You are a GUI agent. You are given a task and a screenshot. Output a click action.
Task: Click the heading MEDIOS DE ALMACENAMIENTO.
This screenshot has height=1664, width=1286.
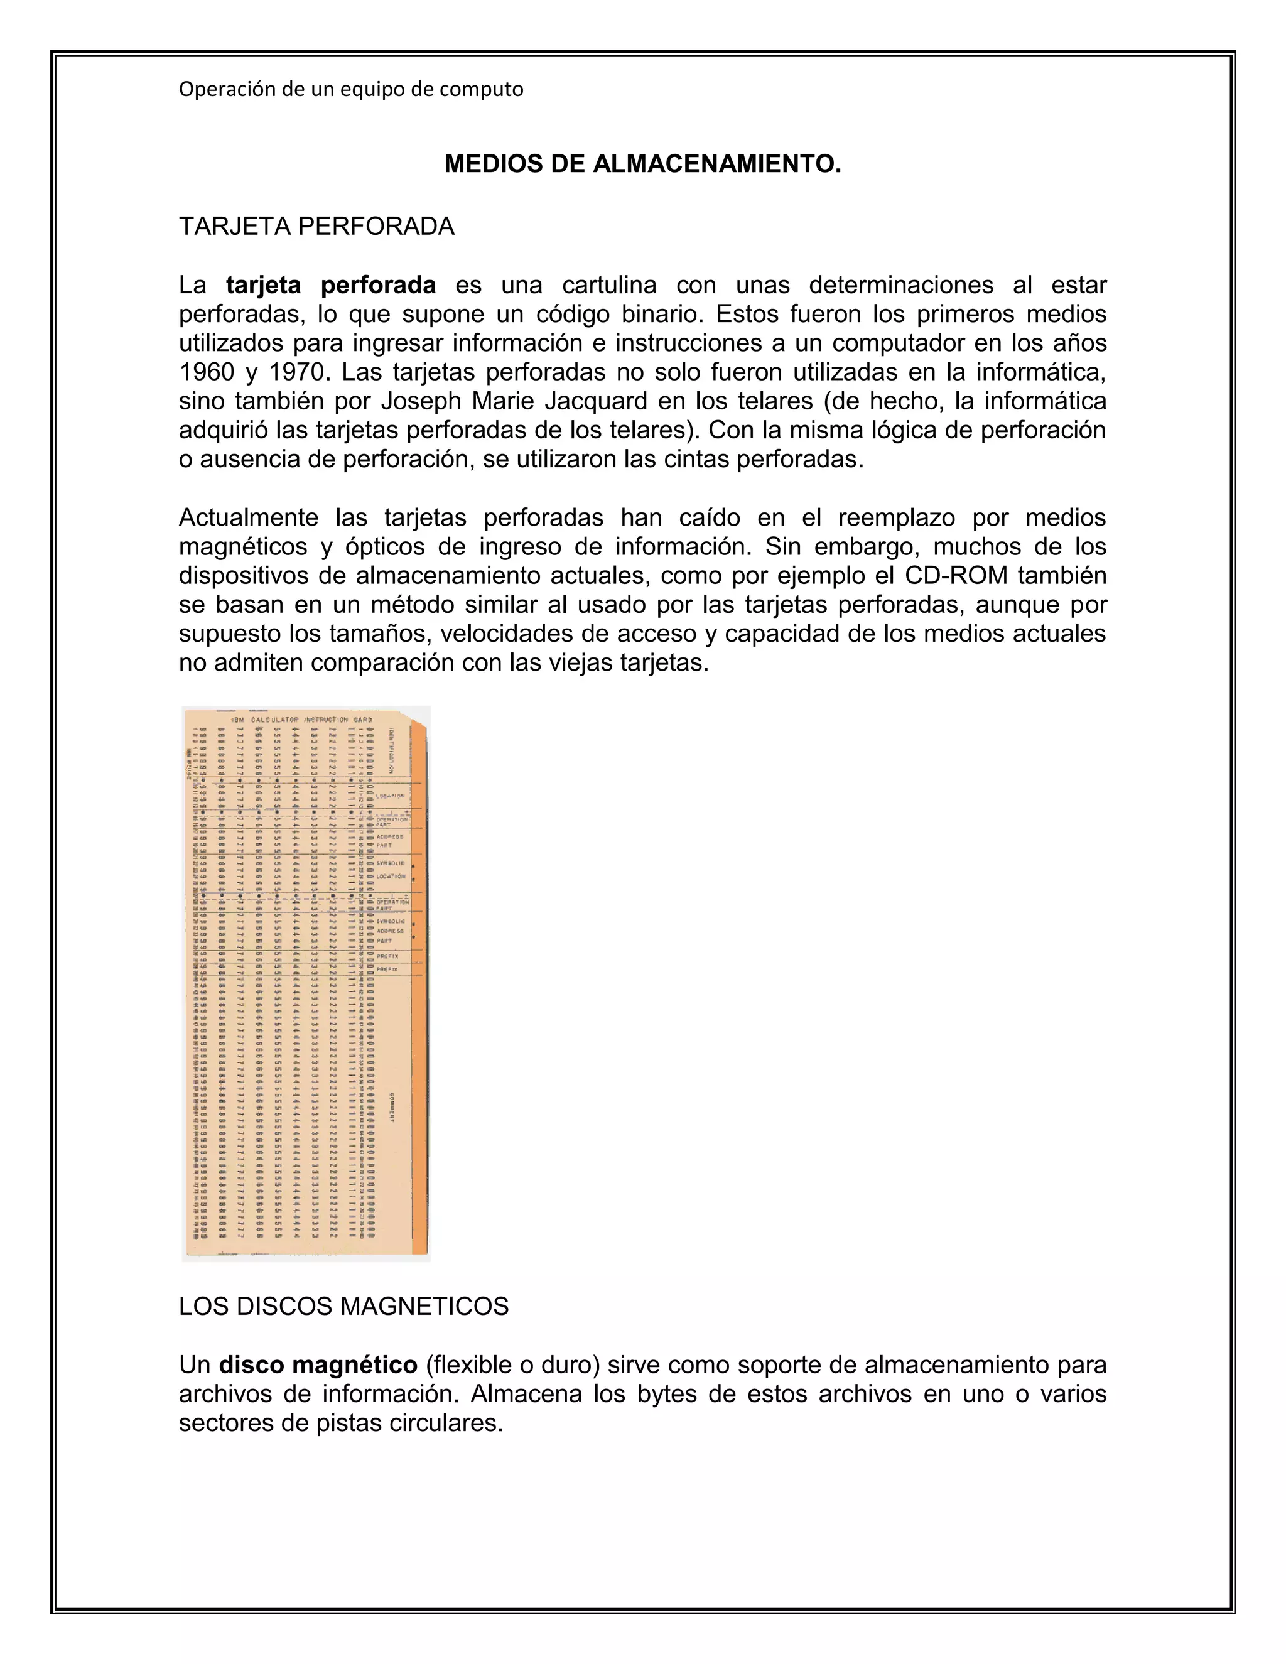click(x=642, y=164)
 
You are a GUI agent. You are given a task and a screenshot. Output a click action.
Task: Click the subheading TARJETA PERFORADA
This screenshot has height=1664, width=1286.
click(x=316, y=226)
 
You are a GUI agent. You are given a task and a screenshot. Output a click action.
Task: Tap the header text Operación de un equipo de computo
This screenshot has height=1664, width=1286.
click(x=351, y=89)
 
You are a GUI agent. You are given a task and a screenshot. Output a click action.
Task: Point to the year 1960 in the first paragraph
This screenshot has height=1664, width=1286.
click(x=207, y=372)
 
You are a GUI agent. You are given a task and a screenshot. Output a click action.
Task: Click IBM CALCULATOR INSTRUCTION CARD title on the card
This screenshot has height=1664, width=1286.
click(x=301, y=719)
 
